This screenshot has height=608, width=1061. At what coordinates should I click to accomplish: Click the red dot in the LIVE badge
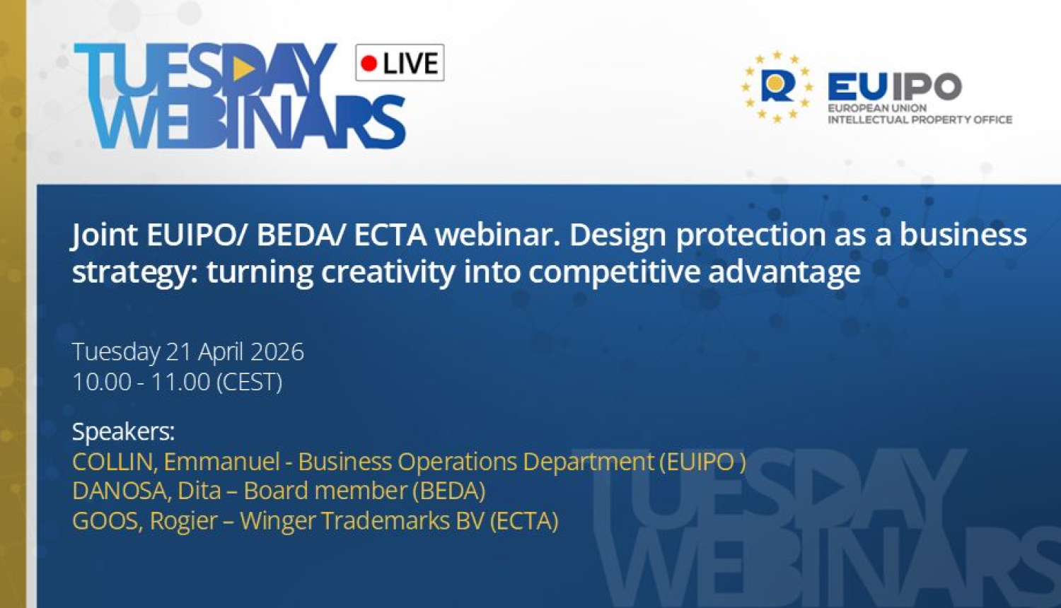369,63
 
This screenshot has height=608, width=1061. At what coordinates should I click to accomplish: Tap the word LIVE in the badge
411,64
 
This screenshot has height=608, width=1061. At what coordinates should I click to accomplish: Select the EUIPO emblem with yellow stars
777,87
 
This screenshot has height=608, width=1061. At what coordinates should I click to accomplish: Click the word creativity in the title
388,273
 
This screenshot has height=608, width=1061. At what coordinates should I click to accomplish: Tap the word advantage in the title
784,273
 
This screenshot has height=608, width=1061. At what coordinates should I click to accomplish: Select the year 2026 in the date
277,352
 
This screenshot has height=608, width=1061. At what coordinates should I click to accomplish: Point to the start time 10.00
102,382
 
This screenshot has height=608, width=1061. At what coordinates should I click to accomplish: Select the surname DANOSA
122,491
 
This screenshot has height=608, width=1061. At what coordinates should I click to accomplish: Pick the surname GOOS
108,521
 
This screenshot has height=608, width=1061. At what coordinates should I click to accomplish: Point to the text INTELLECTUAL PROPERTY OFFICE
920,119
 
